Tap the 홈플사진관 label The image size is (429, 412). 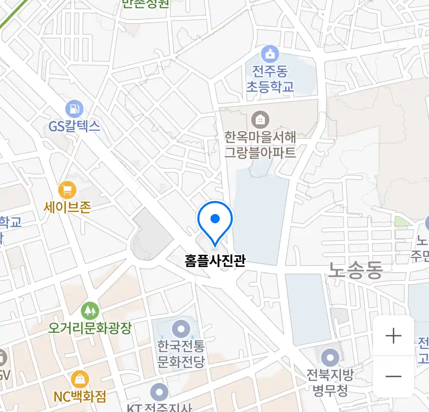[x=215, y=261]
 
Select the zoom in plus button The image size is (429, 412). [x=393, y=336]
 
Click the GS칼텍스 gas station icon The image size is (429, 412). [x=74, y=109]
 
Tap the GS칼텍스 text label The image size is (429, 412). [x=74, y=126]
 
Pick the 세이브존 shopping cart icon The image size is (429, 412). [x=67, y=190]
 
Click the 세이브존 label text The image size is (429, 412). [x=67, y=207]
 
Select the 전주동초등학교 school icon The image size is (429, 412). [x=270, y=54]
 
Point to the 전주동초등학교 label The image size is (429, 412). [x=270, y=79]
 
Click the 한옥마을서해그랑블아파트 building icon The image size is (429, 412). [x=260, y=120]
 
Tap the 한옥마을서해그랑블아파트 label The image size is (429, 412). [x=260, y=145]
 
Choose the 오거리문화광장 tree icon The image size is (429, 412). [x=90, y=311]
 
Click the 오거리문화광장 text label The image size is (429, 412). [x=90, y=328]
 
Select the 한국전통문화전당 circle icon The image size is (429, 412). [x=181, y=329]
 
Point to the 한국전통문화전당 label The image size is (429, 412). [x=181, y=354]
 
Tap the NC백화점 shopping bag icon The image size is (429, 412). [x=80, y=379]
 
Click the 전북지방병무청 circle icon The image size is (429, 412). [x=330, y=358]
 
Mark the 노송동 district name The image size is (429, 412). [x=355, y=270]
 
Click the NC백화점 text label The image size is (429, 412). [x=80, y=397]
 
